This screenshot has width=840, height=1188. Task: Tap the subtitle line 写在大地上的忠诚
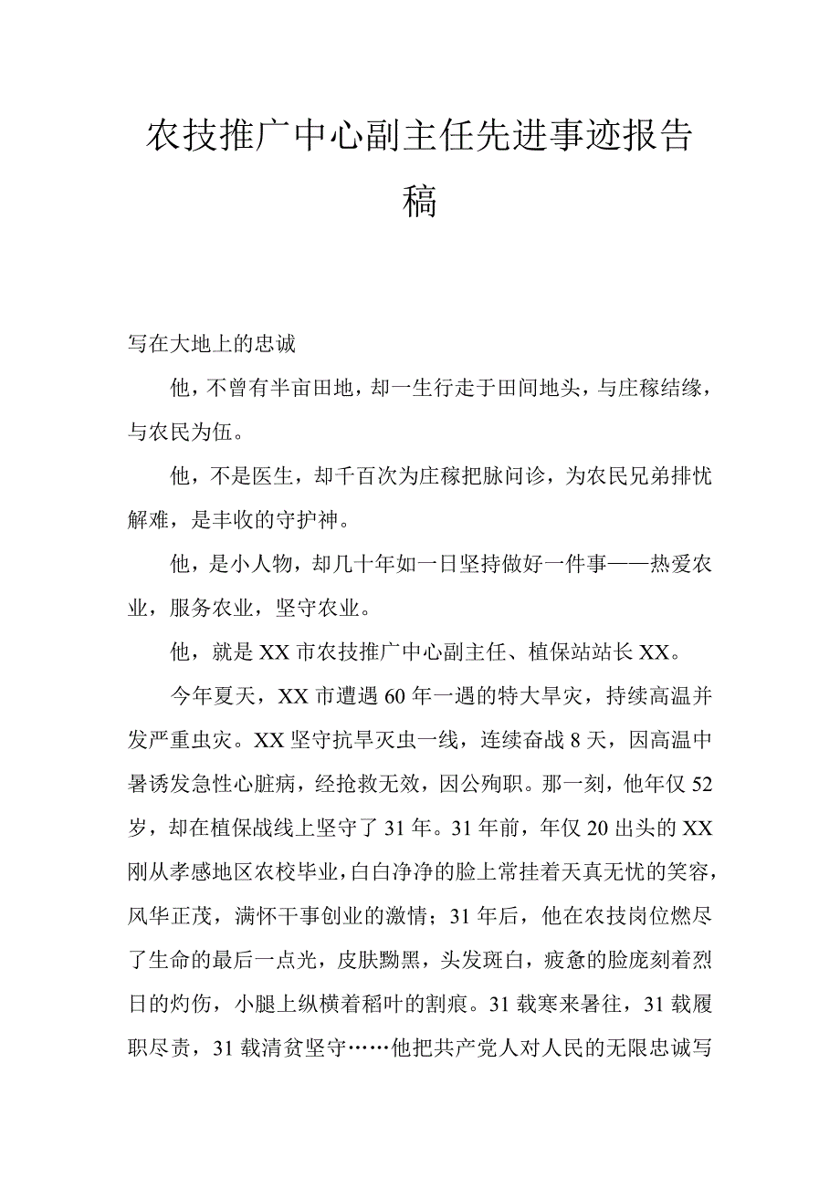pos(211,345)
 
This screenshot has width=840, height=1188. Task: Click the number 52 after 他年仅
pos(701,784)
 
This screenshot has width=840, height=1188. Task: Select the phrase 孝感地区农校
pos(227,871)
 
